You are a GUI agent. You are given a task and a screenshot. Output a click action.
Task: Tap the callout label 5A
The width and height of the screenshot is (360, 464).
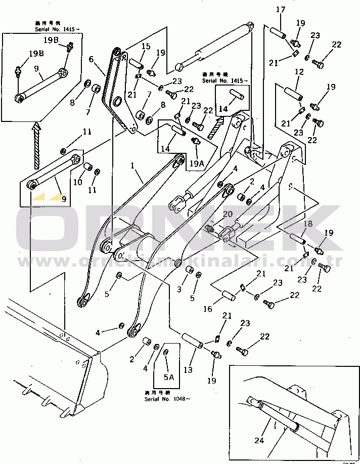pos(167,377)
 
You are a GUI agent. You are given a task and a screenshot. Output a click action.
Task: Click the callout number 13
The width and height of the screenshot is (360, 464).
pos(188,370)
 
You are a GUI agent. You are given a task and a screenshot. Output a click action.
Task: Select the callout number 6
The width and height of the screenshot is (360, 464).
pos(92,59)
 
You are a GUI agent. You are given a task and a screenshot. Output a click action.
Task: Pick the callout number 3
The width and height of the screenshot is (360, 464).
pos(179,289)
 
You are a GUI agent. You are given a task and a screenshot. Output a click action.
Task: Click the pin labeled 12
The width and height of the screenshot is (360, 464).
pos(293,94)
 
